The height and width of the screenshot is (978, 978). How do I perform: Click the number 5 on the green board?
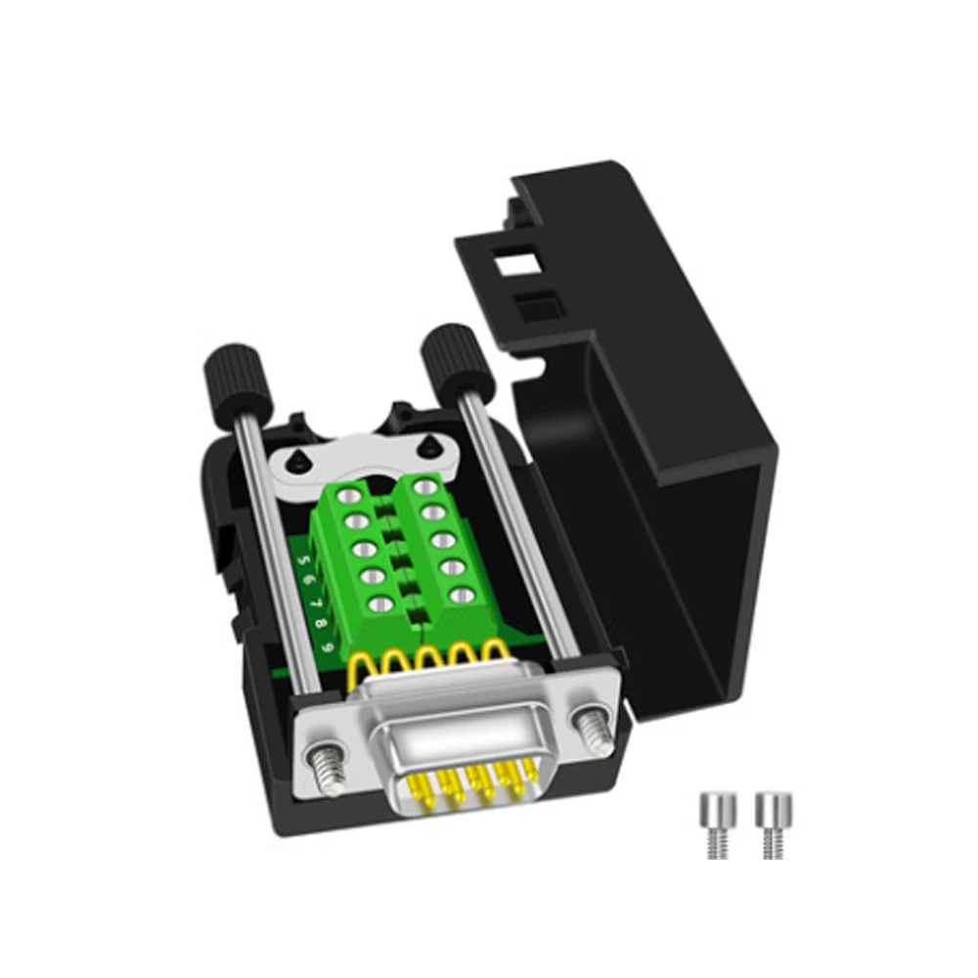coord(306,561)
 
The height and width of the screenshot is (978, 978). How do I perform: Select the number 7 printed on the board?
coord(317,604)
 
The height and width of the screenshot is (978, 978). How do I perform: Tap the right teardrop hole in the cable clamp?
coord(426,445)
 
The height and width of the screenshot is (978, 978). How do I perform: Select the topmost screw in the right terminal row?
coord(422,485)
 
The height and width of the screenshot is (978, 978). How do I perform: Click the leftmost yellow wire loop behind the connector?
coord(371,670)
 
